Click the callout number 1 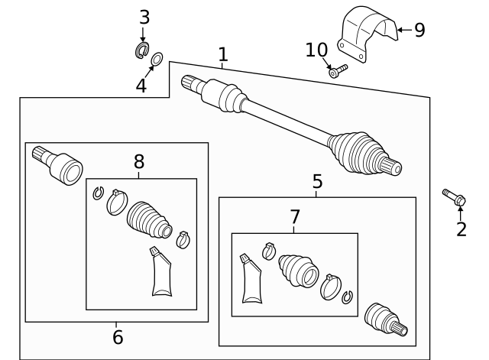click(x=222, y=54)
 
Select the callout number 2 click(x=461, y=229)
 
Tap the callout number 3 click(x=143, y=17)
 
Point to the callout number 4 click(x=141, y=86)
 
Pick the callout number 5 click(x=317, y=182)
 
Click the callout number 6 click(x=117, y=337)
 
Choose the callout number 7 click(x=295, y=217)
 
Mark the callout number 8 click(x=138, y=161)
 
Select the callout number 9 click(x=419, y=30)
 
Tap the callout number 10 click(x=316, y=50)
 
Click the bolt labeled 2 click(x=453, y=197)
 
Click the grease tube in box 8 click(x=160, y=273)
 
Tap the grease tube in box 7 click(x=251, y=281)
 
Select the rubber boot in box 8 click(x=149, y=219)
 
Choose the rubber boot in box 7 click(x=300, y=269)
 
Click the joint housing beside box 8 click(x=60, y=164)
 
